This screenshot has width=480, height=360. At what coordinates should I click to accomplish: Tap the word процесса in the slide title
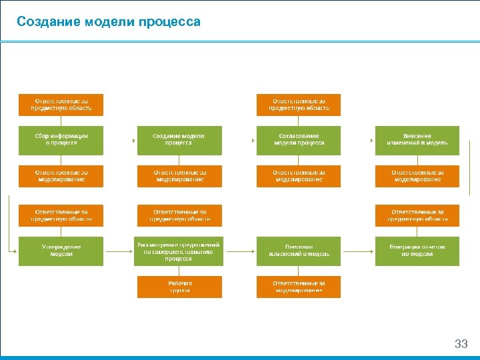click(x=169, y=22)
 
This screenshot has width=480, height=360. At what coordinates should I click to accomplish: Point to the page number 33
click(x=461, y=344)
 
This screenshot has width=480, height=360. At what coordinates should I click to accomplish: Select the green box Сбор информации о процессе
click(x=61, y=140)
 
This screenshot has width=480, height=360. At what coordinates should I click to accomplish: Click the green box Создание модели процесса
click(x=179, y=140)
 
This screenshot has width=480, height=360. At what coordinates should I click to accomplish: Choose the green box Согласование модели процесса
click(x=299, y=140)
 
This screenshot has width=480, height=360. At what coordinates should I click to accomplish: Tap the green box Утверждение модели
click(x=61, y=251)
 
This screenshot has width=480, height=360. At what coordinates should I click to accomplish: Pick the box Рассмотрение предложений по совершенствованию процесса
click(x=179, y=251)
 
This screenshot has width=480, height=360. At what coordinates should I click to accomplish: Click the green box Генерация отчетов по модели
click(x=417, y=251)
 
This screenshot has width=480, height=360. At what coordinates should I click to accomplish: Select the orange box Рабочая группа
click(x=179, y=287)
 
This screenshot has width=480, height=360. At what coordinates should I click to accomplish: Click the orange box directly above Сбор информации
click(x=61, y=105)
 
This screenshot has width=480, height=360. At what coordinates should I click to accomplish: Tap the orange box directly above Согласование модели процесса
click(x=299, y=105)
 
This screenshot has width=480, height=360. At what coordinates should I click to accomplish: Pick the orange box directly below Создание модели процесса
click(x=179, y=176)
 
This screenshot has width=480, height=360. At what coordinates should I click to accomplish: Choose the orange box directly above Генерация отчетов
click(x=417, y=215)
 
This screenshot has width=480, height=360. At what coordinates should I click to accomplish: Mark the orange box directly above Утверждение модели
click(x=61, y=215)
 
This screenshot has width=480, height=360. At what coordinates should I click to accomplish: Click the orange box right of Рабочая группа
click(x=299, y=287)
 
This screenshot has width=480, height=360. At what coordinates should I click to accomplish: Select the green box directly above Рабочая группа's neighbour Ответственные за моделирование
click(x=299, y=251)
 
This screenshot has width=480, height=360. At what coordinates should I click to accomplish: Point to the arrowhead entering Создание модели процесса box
click(x=135, y=141)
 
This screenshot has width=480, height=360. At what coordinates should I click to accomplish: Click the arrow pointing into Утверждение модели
click(x=14, y=251)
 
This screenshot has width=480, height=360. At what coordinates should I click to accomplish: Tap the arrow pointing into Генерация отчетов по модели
click(x=371, y=251)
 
